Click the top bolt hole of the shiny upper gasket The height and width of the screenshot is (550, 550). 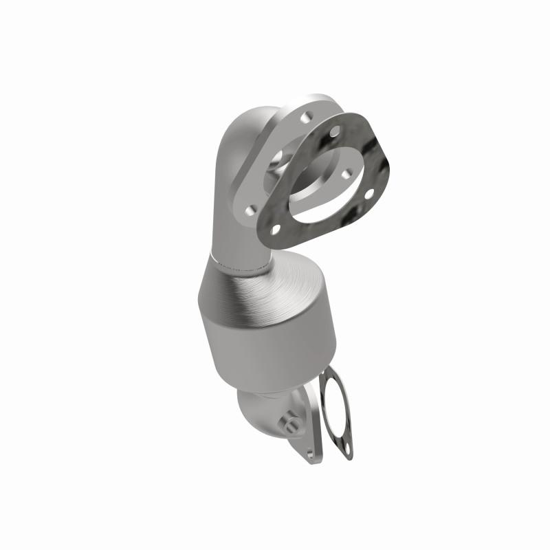[335, 131]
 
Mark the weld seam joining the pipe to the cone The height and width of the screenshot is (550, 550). [241, 265]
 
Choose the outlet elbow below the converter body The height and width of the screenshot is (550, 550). [261, 412]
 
